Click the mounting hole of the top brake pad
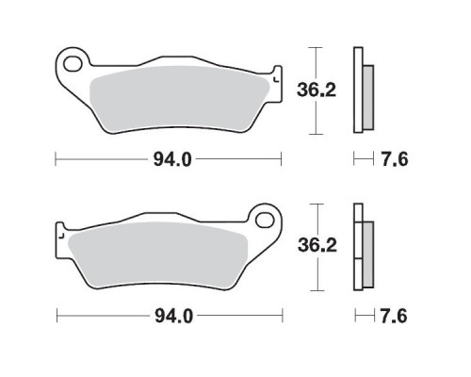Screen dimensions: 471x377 73,64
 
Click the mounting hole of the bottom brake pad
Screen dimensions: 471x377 265,220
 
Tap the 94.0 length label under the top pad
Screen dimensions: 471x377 172,159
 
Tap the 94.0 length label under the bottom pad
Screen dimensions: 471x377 173,316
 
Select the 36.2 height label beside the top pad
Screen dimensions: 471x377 317,90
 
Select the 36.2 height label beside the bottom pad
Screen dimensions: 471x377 317,245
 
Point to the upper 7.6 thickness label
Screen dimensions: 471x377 395,159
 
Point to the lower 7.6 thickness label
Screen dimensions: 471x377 394,316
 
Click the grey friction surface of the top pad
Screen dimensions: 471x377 179,99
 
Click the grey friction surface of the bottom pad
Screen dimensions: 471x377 158,255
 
